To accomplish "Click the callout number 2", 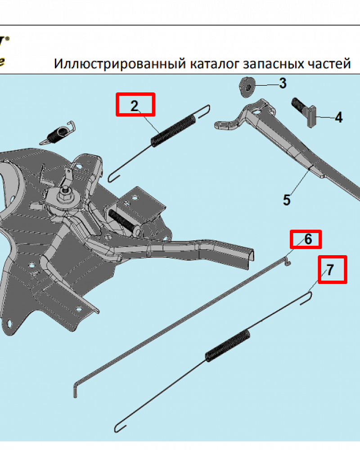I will tap(135, 106).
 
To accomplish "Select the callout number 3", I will tap(282, 83).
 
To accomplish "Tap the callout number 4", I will tap(338, 118).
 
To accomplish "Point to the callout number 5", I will tap(287, 199).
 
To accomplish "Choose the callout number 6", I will tap(308, 239).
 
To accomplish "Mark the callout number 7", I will tap(330, 270).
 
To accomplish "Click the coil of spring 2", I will tap(173, 131).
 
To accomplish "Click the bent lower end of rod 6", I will tap(76, 387).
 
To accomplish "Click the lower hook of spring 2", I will tap(113, 174).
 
